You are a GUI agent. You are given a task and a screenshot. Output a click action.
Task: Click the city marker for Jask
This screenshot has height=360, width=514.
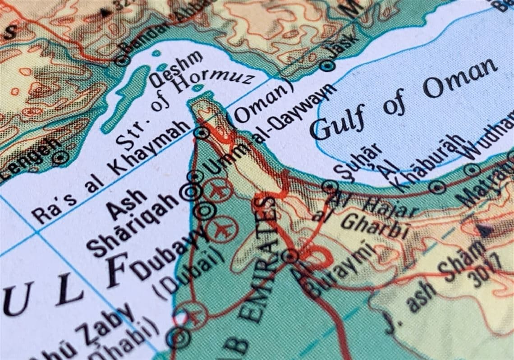(x=328, y=66)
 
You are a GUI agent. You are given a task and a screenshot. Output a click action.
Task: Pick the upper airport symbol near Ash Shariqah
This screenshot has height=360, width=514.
(x=218, y=189)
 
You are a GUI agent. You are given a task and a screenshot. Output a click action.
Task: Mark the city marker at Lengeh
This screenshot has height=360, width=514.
(x=60, y=158)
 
